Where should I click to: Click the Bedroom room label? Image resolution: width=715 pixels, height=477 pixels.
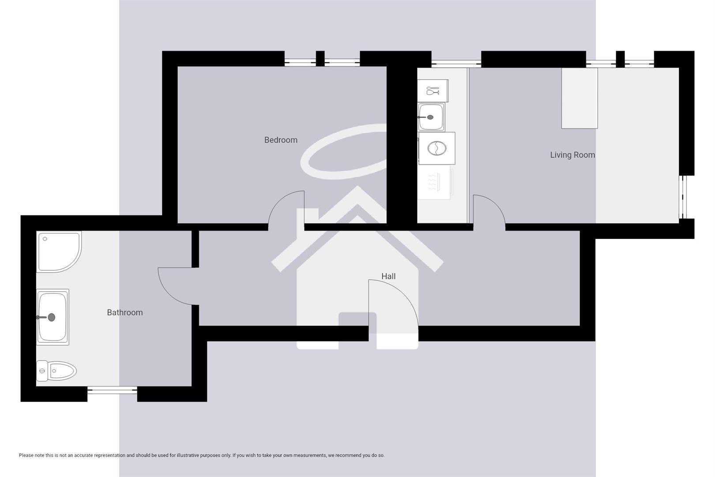[x=281, y=140]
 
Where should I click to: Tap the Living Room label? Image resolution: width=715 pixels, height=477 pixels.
[x=572, y=155]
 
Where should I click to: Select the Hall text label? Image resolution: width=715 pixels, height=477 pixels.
[x=388, y=276]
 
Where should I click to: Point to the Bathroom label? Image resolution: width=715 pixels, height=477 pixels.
[x=125, y=313]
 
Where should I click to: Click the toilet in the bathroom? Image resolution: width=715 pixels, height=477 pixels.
[x=57, y=371]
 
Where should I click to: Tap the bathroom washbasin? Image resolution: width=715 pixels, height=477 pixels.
[x=53, y=317]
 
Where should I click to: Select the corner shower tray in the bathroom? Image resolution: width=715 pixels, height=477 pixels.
[x=59, y=251]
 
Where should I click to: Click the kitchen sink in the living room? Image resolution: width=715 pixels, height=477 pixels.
[x=431, y=117]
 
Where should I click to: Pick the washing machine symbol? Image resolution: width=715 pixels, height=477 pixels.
[x=437, y=148]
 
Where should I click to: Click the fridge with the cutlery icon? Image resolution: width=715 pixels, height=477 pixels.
[x=433, y=91]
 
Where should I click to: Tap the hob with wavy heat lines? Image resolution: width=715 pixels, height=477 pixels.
[x=434, y=182]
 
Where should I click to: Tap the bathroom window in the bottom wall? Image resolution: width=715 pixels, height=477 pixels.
[x=112, y=390]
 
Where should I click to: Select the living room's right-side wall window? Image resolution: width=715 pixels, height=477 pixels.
[x=683, y=197]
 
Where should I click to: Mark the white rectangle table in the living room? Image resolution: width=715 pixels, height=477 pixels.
[x=580, y=98]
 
